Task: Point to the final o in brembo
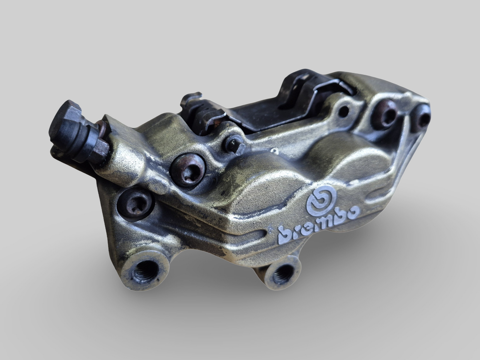354,212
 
